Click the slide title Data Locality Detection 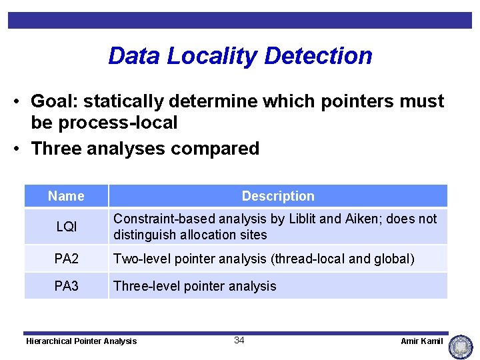[240, 55]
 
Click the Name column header [66, 196]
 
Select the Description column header [278, 196]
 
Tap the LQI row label [66, 227]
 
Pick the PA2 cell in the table [66, 259]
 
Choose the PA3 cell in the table [66, 286]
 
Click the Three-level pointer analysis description [195, 286]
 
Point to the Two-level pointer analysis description [263, 259]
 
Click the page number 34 [239, 341]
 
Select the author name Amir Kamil [421, 341]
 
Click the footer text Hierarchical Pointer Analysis [81, 341]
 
